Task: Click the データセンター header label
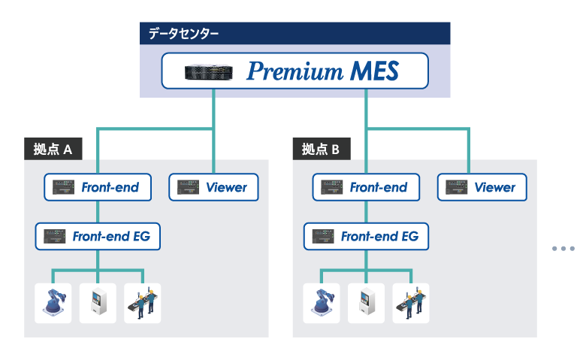click(184, 33)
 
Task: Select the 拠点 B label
click(321, 150)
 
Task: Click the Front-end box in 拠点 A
click(97, 187)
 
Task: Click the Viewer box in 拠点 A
click(214, 187)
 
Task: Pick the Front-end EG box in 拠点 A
click(98, 237)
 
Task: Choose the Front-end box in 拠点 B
click(366, 187)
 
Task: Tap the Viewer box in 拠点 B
click(482, 187)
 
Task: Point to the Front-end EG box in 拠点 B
click(366, 237)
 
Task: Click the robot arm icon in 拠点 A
click(53, 303)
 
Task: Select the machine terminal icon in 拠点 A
click(98, 303)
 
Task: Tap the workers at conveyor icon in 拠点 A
click(143, 303)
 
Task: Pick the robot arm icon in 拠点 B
click(322, 303)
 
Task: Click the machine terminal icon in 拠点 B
click(366, 303)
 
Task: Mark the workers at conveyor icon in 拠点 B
click(411, 303)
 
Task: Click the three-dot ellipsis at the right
click(563, 248)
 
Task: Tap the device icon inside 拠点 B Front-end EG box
click(324, 237)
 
